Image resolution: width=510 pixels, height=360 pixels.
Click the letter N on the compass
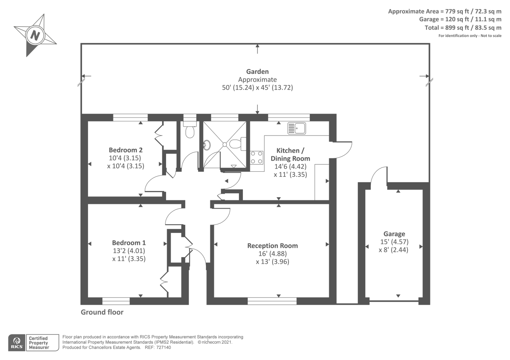click(35, 36)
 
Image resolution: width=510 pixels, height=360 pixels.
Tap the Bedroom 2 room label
click(126, 150)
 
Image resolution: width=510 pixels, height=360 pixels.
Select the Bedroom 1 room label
click(129, 242)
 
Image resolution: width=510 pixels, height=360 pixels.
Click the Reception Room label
click(273, 246)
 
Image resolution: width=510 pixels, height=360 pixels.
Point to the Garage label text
click(394, 234)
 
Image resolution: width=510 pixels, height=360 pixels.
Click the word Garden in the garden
click(258, 72)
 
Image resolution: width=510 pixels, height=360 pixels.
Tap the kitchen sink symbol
click(297, 128)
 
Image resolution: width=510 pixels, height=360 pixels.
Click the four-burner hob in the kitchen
click(256, 157)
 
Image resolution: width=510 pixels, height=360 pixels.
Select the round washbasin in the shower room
click(207, 145)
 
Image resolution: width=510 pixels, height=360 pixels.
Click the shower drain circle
click(225, 145)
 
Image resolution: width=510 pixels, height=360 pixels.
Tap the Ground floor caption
click(102, 312)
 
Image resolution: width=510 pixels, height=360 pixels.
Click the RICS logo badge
click(17, 342)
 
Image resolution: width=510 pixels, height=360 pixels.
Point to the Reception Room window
click(272, 301)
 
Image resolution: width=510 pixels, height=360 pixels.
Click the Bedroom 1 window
click(116, 301)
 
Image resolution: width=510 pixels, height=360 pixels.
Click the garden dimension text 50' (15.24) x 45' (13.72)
click(258, 88)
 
